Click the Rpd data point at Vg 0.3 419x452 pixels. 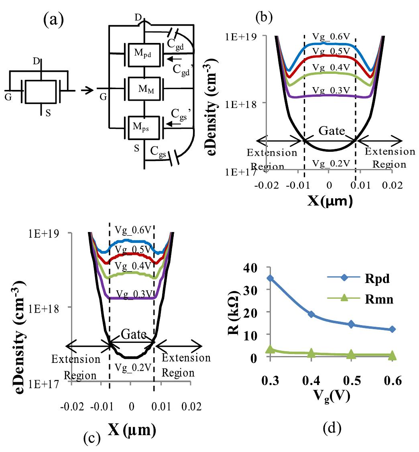coord(271,278)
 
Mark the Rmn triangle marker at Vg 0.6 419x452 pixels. coord(392,355)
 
